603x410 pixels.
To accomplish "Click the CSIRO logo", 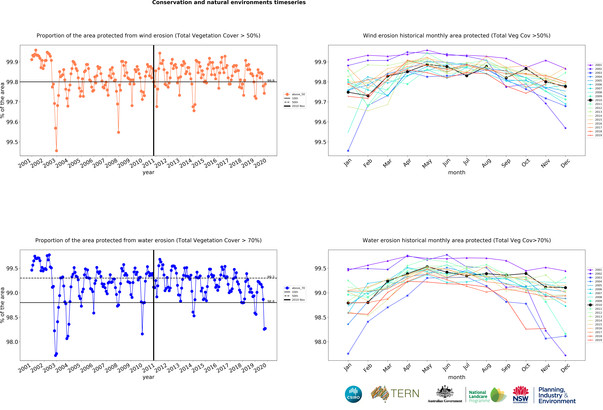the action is click(x=353, y=394).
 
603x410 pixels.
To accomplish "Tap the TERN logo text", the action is click(x=405, y=394).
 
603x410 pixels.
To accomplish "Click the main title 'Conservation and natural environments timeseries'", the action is click(x=229, y=3).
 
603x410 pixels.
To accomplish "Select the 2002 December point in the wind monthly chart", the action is click(x=565, y=128).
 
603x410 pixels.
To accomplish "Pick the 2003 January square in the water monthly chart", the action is click(x=348, y=354).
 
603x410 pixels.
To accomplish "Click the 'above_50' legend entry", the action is click(x=295, y=94).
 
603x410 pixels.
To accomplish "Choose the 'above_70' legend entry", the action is click(x=295, y=288).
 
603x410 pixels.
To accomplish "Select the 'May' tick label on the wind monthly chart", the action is click(x=427, y=163).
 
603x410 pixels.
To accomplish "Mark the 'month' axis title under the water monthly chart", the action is click(x=457, y=377).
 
